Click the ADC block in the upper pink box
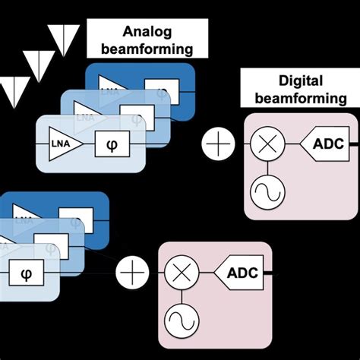coord(324,142)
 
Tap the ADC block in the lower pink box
coord(241,271)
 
